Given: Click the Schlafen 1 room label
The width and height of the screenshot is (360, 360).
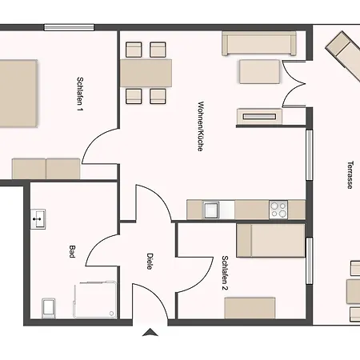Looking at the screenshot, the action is [x=80, y=94].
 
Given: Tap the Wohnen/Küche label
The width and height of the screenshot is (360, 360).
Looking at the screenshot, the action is [x=201, y=126].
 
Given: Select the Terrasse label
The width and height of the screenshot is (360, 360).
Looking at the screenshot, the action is [x=350, y=175].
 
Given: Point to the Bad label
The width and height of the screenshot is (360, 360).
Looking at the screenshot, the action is [x=71, y=251].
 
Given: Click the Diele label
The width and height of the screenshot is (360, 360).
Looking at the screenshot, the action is [x=150, y=262].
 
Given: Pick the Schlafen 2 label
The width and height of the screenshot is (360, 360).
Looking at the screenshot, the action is [x=225, y=273].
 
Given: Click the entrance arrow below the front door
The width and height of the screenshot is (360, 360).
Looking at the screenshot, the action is [x=150, y=332].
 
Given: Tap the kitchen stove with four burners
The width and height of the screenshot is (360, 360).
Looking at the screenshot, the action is [x=278, y=210].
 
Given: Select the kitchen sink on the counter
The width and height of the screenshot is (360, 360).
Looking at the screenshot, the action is [x=211, y=210].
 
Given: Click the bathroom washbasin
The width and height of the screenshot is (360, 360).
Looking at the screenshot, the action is [x=38, y=219].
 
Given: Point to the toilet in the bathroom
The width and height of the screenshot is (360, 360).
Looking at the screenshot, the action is [x=49, y=308].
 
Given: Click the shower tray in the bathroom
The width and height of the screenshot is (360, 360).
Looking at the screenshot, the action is [x=95, y=300].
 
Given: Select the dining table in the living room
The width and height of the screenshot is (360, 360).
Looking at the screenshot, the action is [x=146, y=73].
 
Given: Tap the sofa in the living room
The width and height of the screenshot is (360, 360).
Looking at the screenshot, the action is [x=259, y=43].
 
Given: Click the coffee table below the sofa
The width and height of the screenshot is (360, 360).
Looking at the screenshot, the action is [x=260, y=72].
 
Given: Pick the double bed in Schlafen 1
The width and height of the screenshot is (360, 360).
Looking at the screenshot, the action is [x=18, y=94].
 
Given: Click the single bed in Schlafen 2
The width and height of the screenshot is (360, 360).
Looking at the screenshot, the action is [x=270, y=241].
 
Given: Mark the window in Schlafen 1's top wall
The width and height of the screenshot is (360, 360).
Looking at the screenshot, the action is [x=69, y=27].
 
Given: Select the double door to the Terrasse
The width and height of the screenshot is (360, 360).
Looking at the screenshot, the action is [x=294, y=84].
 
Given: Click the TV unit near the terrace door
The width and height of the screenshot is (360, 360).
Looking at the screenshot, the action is [x=259, y=116].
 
